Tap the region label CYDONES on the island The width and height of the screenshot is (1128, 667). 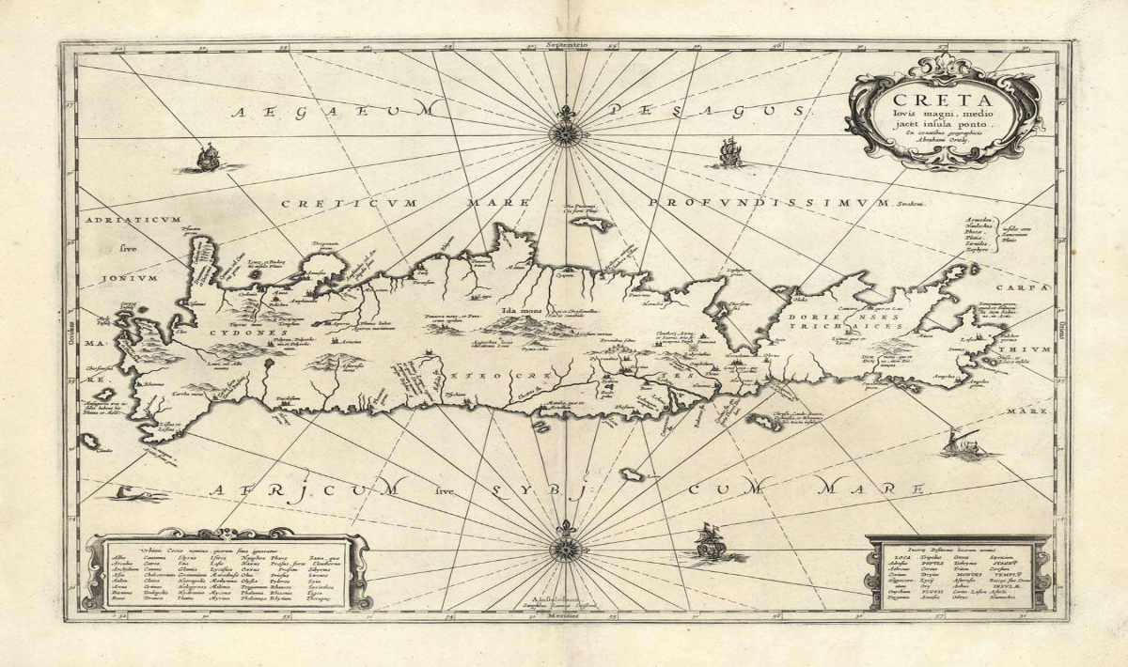pos(227,333)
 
